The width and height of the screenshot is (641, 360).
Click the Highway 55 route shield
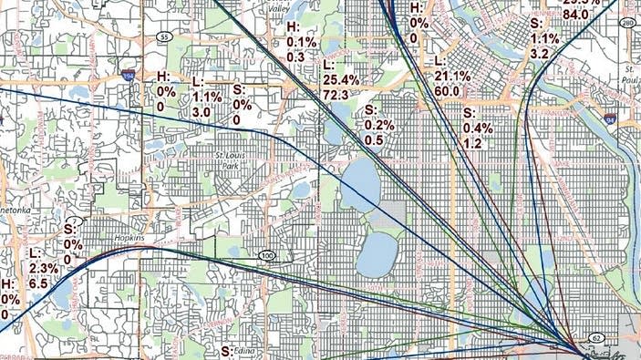(x=163, y=37)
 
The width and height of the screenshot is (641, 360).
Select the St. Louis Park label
(x=232, y=161)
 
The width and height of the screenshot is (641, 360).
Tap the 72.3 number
(x=340, y=95)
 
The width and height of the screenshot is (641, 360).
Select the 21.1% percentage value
(x=452, y=77)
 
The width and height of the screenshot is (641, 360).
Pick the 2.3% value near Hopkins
(x=44, y=268)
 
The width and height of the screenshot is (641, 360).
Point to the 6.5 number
(x=39, y=283)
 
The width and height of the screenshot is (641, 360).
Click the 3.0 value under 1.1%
(x=202, y=111)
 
